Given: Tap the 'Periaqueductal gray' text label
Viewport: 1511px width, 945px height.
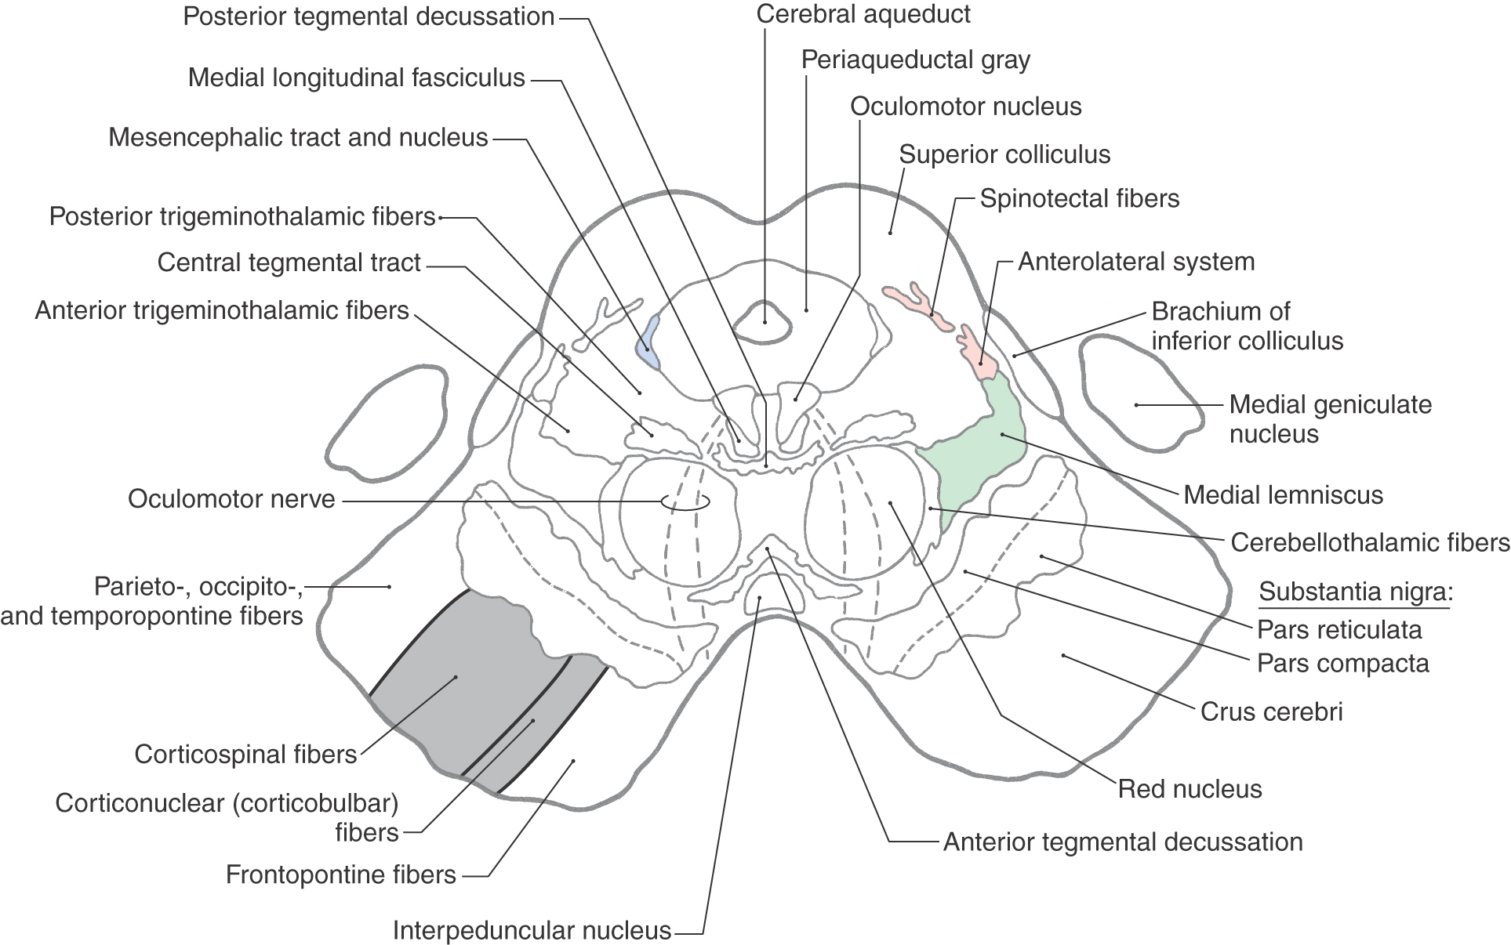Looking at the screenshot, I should tap(915, 60).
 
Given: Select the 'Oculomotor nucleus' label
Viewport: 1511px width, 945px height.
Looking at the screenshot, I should tap(965, 107).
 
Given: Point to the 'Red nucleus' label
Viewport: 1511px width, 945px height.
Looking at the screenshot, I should tap(1190, 788).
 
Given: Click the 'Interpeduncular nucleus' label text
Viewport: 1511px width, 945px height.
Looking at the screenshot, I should tap(532, 930).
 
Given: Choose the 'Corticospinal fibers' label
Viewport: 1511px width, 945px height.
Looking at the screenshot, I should tap(245, 754).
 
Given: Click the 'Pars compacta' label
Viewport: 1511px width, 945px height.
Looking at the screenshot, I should tap(1342, 664).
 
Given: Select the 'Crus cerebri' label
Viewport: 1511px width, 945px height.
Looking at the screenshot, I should tap(1271, 711).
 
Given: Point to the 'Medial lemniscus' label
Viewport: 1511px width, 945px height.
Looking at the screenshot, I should tap(1283, 494).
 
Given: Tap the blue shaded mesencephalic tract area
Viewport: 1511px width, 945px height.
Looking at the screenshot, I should tap(648, 342).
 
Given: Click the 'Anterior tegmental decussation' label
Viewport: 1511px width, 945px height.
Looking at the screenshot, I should tap(1122, 842).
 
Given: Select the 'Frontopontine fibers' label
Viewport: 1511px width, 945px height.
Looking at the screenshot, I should tap(340, 874).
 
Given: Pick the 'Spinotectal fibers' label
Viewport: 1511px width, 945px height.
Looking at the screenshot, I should tap(1079, 198).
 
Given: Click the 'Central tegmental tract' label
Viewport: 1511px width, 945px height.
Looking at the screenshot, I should tap(289, 262).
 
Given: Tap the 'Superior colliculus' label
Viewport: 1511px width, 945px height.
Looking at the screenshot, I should tap(1004, 154).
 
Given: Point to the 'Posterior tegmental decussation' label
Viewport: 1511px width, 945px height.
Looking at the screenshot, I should tap(369, 16).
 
